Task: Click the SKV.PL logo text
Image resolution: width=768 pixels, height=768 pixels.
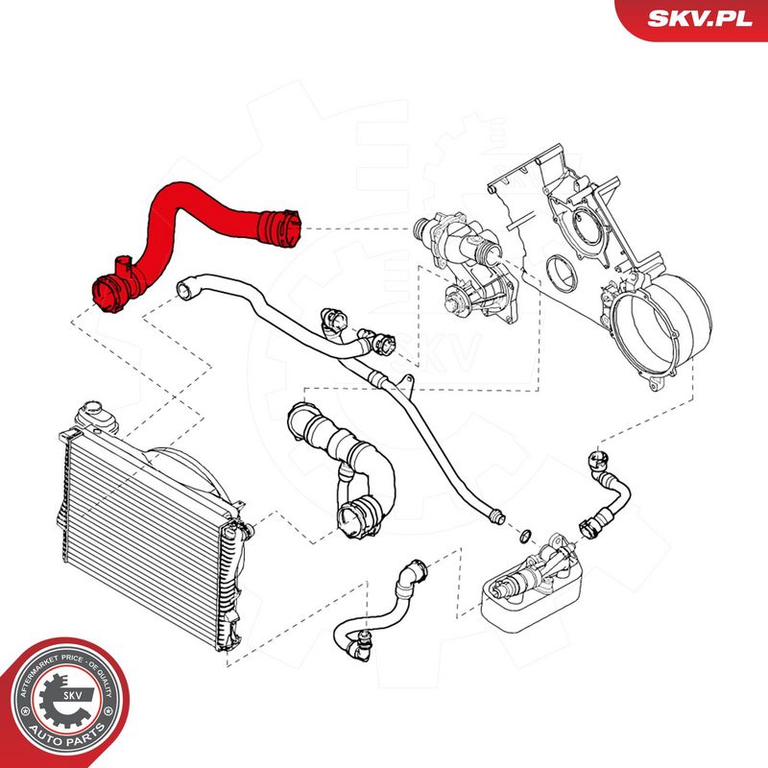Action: point(699,18)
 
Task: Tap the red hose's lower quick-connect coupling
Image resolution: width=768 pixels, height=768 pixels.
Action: point(108,293)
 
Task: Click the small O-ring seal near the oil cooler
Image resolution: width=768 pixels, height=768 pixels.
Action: point(526,536)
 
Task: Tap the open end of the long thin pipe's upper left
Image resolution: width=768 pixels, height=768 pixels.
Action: point(184,289)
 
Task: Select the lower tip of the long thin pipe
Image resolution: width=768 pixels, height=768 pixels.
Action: point(498,516)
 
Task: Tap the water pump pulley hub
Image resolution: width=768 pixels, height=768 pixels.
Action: point(452,302)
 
